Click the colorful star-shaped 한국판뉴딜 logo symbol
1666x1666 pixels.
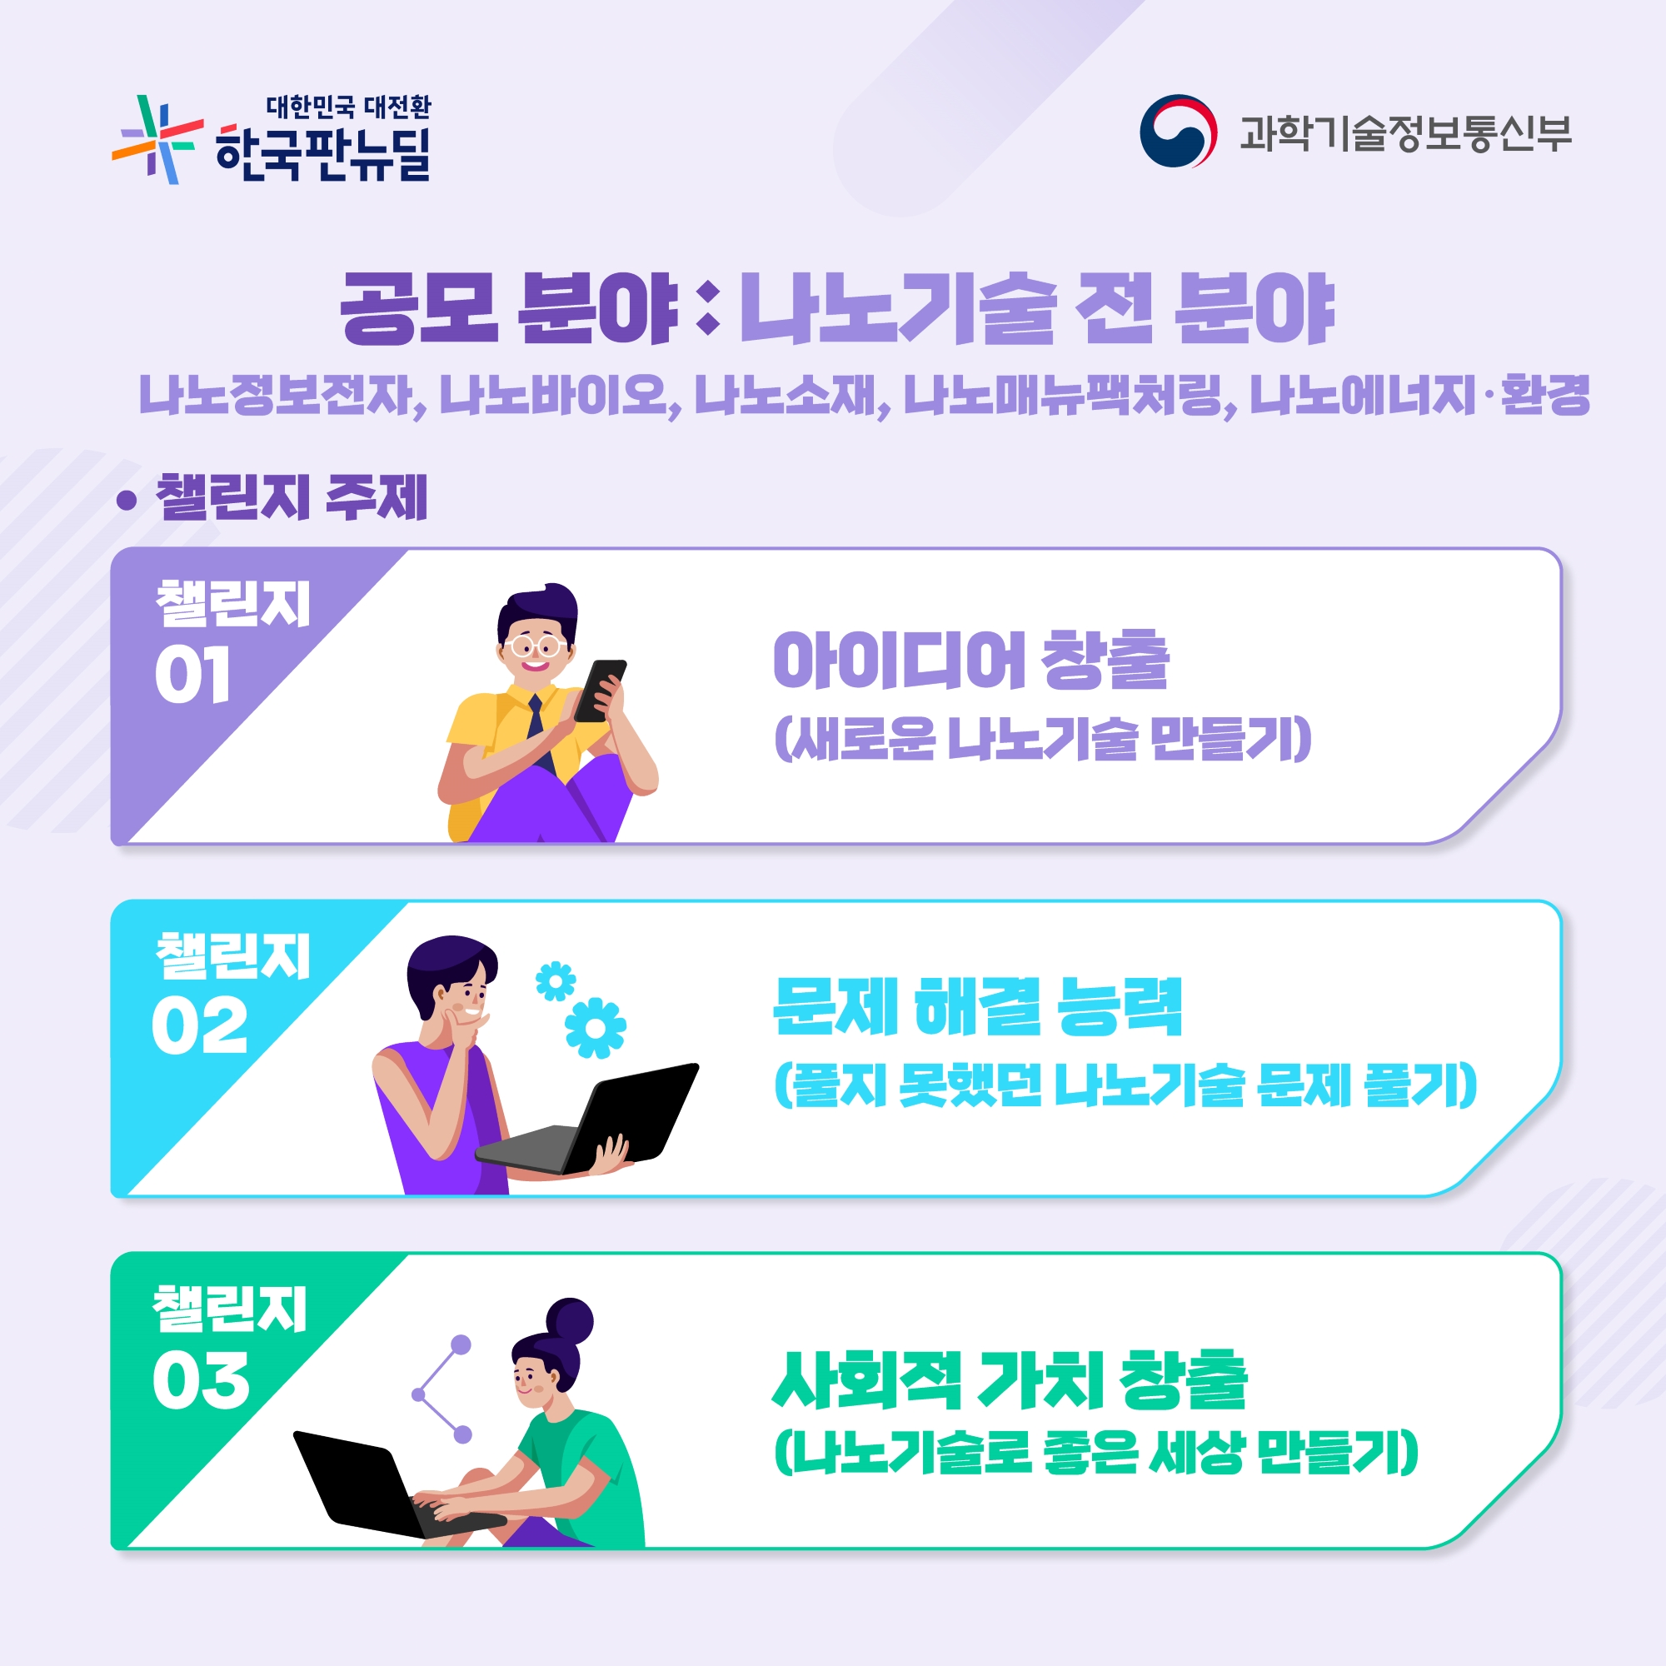point(157,140)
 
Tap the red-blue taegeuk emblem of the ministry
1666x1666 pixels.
point(1178,131)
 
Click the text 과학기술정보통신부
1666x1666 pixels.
point(1405,133)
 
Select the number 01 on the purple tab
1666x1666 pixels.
point(192,675)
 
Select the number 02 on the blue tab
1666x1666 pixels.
point(199,1026)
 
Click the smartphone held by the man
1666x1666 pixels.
point(600,691)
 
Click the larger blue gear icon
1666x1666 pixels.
point(595,1027)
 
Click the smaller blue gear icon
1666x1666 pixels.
point(556,981)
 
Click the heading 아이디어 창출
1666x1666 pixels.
point(971,661)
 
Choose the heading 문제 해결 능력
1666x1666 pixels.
point(977,1006)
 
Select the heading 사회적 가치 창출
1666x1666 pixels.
point(1010,1379)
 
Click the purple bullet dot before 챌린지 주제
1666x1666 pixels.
point(127,500)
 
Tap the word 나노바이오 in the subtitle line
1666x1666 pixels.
point(554,396)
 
